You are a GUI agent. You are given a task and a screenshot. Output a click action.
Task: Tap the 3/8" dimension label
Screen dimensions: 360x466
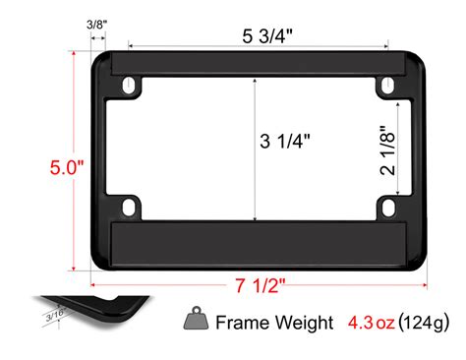(x=97, y=22)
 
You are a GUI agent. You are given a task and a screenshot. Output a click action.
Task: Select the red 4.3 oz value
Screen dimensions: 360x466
(x=372, y=322)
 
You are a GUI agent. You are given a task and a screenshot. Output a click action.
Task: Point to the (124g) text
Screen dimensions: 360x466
(x=425, y=322)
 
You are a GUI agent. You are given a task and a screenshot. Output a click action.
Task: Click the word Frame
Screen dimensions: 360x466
(x=241, y=322)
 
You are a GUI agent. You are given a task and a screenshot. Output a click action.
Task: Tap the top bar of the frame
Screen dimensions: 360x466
(x=259, y=67)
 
